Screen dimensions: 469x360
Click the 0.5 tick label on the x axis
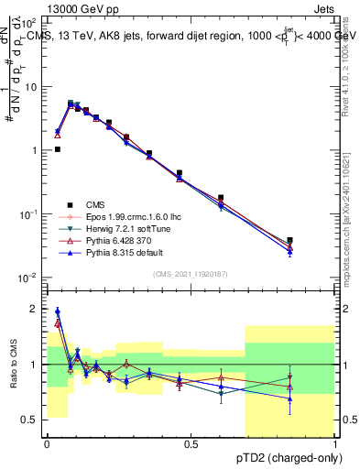(x=191, y=445)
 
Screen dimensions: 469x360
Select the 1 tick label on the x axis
(x=335, y=445)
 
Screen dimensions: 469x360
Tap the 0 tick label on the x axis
(x=47, y=445)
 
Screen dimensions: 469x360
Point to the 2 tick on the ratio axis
(x=37, y=309)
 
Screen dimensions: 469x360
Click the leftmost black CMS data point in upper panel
(x=58, y=148)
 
